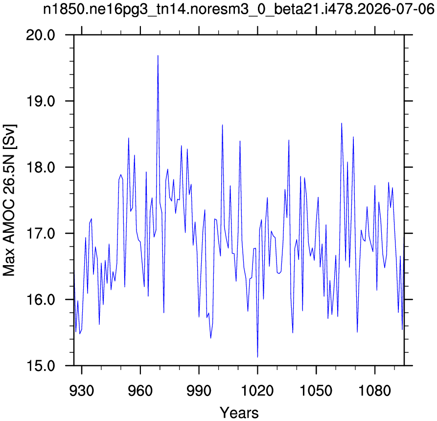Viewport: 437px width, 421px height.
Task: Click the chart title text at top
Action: pos(239,9)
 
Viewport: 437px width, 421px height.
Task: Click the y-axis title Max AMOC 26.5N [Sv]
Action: pos(9,200)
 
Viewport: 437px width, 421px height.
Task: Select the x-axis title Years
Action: pos(239,412)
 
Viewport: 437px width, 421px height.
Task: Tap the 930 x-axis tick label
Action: pos(81,391)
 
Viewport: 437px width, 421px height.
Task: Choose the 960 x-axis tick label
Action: pos(140,391)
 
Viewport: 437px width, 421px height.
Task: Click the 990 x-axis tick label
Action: pos(199,391)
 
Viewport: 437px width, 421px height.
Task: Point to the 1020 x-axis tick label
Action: pos(257,391)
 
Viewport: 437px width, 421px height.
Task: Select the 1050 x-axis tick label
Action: pos(316,391)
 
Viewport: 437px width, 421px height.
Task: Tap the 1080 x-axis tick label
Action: pos(375,391)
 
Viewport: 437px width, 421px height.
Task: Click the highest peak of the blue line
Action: pos(158,55)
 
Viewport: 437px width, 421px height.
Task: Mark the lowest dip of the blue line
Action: pos(257,357)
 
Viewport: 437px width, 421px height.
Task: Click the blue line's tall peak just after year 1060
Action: pos(342,123)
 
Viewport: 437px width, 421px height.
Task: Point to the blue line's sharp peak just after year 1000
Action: pos(222,125)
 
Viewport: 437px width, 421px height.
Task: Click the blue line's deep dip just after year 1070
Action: pos(357,332)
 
